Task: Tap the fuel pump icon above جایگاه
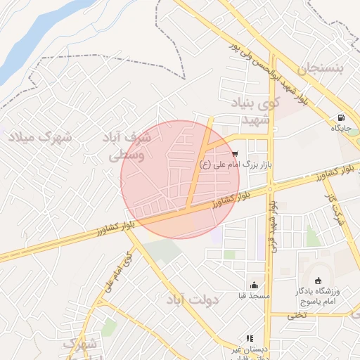tap(341, 117)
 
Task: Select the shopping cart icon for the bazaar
tap(234, 153)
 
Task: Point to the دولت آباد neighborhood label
tap(193, 300)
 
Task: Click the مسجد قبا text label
tap(253, 296)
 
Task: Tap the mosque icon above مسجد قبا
tap(253, 285)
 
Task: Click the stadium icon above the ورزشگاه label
tap(318, 280)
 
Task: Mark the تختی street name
tap(296, 315)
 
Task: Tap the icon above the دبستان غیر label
tap(250, 338)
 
